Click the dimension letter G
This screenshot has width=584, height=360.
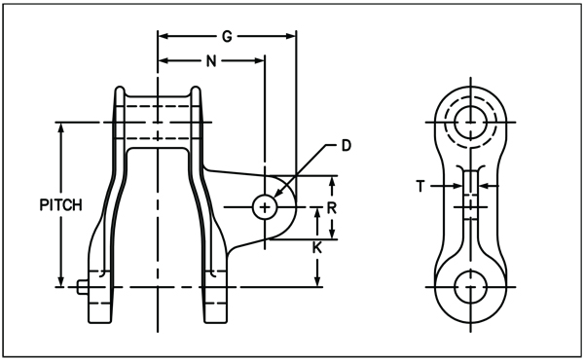(227, 36)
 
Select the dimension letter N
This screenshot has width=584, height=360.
(211, 61)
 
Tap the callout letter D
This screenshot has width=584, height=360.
(347, 146)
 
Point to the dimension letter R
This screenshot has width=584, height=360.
(332, 208)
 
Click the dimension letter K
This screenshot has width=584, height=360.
(317, 247)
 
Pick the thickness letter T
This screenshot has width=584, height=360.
(420, 186)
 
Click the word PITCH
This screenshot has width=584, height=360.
(60, 205)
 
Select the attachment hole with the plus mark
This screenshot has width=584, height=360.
(265, 207)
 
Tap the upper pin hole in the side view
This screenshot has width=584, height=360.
(471, 123)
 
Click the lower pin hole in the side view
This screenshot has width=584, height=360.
(471, 287)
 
